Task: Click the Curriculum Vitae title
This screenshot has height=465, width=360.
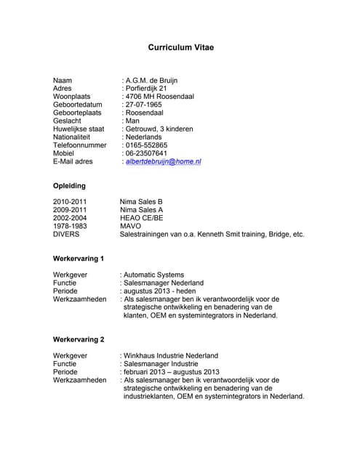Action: click(x=181, y=48)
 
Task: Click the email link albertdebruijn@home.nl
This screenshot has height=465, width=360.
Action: click(x=163, y=161)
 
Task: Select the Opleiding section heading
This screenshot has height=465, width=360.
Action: click(x=69, y=186)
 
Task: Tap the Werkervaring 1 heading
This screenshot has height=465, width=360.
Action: click(x=79, y=258)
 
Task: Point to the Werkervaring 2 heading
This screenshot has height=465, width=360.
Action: click(x=79, y=339)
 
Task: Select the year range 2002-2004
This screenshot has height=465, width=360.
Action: click(x=70, y=218)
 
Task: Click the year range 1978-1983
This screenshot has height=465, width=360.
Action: click(x=70, y=226)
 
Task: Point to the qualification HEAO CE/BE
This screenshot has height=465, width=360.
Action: click(x=142, y=218)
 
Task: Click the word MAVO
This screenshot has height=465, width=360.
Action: click(x=131, y=226)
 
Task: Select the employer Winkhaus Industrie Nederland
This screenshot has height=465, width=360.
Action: click(x=171, y=356)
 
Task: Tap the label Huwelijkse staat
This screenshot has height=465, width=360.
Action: click(x=79, y=129)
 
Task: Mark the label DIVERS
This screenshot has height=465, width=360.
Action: click(x=66, y=235)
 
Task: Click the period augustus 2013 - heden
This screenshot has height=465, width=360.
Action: click(x=159, y=291)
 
